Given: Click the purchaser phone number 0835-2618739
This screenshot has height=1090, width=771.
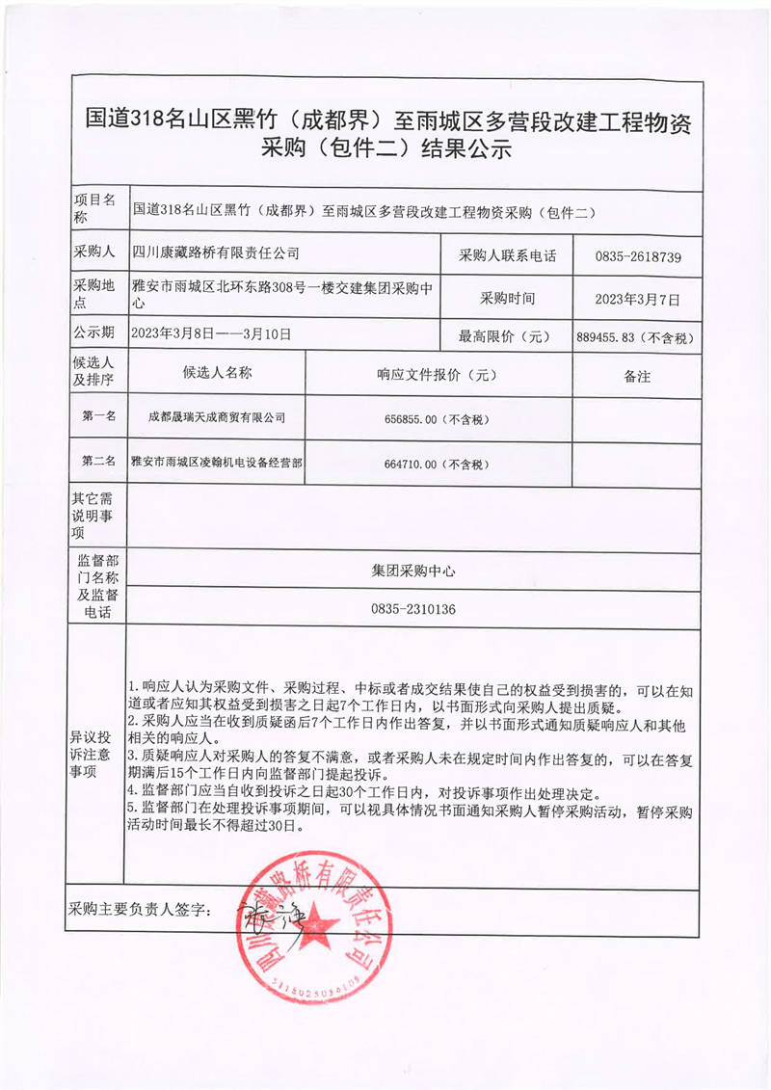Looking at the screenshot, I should click(x=639, y=256).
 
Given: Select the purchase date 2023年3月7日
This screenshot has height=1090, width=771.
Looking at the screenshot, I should click(x=639, y=300).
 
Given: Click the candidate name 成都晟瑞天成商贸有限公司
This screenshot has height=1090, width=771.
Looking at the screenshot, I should click(x=217, y=418).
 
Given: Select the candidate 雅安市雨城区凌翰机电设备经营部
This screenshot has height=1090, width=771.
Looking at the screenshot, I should click(x=217, y=464).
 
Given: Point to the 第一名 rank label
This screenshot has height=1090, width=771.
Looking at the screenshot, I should click(x=98, y=416).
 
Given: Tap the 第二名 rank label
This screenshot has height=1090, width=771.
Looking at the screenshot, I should click(x=98, y=462).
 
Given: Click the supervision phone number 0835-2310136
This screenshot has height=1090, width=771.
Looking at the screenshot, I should click(x=412, y=609).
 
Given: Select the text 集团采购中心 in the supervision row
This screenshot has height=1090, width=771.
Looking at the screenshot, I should click(x=412, y=571).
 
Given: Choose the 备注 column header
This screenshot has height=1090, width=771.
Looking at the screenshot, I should click(x=637, y=376).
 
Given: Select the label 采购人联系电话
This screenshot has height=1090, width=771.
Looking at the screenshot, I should click(x=508, y=256).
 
